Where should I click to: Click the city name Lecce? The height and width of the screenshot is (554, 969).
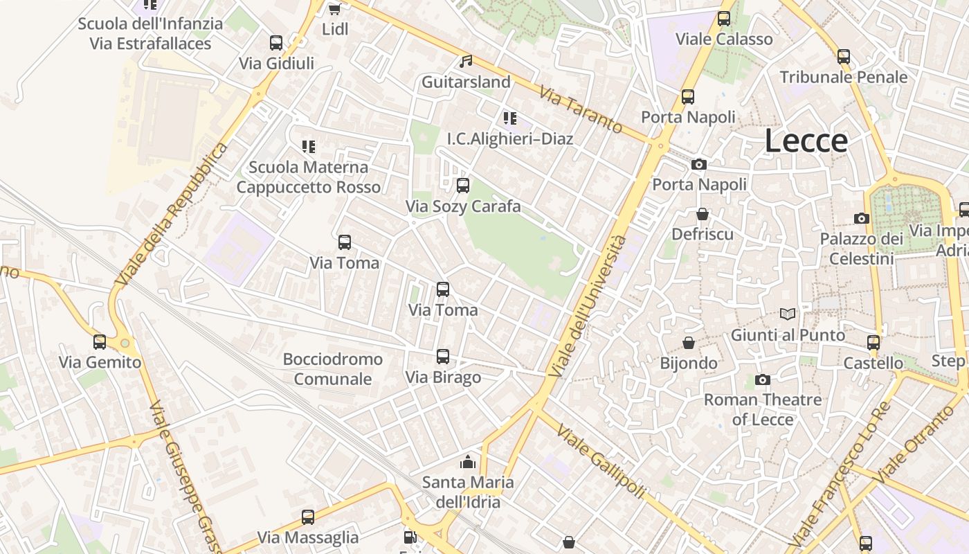coord(806,141)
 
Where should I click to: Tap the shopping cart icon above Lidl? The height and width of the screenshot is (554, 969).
coord(334,9)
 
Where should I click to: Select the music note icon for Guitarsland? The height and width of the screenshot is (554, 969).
coord(467,62)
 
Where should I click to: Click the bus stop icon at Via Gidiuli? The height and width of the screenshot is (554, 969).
coord(276,43)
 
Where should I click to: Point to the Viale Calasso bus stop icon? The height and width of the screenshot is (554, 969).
coord(724,19)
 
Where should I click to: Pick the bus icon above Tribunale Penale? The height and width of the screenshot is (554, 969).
coord(843,57)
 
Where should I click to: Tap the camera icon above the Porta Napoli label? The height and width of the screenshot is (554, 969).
coord(699,165)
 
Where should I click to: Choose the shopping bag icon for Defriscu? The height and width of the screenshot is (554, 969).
coord(703,214)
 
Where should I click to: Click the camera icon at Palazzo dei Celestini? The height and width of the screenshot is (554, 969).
coord(862,219)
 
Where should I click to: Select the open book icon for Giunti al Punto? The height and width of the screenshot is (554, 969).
coord(788,314)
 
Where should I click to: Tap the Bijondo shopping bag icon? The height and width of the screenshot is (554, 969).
coord(689,343)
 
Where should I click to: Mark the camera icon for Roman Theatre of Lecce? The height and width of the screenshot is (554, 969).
coord(763,379)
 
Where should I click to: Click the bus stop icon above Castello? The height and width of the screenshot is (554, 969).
coord(873,342)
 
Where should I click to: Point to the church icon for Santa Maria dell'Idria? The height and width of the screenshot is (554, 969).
coord(468,461)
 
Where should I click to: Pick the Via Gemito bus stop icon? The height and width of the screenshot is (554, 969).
coord(100,341)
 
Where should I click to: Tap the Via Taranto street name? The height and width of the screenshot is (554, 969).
coord(581,109)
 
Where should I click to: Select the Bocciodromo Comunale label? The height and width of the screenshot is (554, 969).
coord(333,369)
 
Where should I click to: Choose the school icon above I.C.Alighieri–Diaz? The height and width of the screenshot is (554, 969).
coord(510,118)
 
